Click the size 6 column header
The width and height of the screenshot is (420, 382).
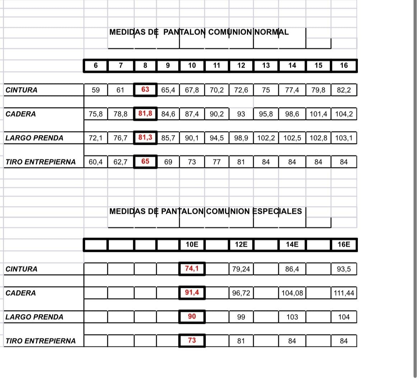[95, 66]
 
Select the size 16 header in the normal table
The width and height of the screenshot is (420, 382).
[344, 66]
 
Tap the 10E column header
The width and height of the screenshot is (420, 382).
[192, 245]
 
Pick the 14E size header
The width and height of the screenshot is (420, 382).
[292, 245]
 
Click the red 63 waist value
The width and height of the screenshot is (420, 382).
[145, 89]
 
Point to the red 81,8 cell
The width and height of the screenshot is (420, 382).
[145, 114]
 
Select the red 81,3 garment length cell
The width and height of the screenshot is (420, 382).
[145, 138]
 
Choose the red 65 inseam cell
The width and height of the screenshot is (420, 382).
[145, 162]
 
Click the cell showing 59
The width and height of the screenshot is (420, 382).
[95, 90]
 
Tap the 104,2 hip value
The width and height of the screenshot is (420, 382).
[344, 114]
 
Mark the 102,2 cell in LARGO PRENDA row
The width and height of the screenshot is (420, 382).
[266, 138]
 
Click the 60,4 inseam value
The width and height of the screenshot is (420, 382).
[95, 162]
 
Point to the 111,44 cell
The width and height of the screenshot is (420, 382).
[344, 293]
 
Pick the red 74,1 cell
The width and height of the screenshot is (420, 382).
[192, 268]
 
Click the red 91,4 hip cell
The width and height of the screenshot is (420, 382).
[192, 293]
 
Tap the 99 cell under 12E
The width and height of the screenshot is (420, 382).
[241, 317]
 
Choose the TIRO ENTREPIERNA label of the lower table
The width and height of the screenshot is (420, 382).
[41, 341]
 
